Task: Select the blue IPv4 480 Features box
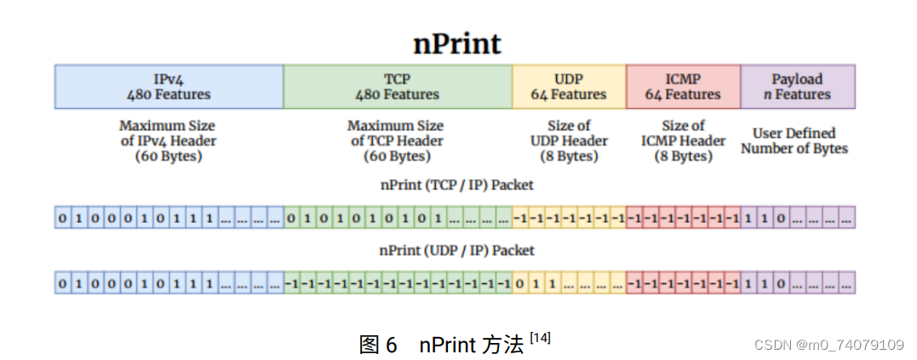[169, 86]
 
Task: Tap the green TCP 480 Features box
[397, 86]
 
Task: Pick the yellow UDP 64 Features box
[569, 86]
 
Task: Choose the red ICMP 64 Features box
[683, 86]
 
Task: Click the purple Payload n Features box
[797, 86]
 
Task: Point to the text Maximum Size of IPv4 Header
[168, 140]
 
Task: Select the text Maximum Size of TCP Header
[396, 140]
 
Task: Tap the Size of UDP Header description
[569, 140]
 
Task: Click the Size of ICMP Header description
[683, 140]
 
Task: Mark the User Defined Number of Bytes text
[794, 140]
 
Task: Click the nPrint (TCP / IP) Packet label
[456, 184]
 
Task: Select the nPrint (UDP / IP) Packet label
[456, 250]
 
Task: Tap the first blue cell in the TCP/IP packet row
[62, 218]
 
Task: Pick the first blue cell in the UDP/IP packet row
[62, 283]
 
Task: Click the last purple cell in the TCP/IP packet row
[846, 218]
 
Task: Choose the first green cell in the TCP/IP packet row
[291, 218]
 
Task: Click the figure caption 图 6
[378, 345]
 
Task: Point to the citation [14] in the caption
[540, 338]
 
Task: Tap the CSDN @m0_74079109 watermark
[829, 345]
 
